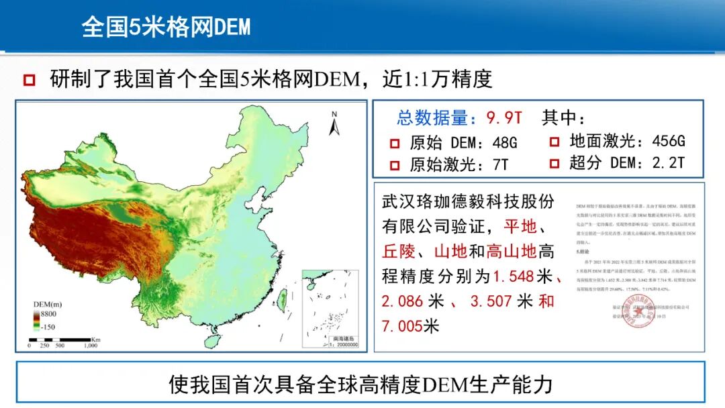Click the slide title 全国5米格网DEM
166,26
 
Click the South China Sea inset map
330,308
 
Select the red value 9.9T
504,118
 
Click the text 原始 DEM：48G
463,143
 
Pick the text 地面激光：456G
626,141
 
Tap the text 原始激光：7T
459,164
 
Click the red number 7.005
401,326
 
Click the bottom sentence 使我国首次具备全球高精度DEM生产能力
360,385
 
